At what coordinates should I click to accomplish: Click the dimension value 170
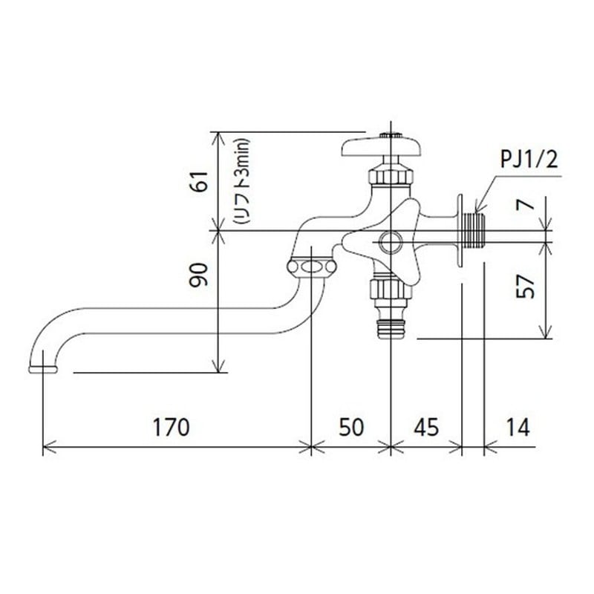point(171,428)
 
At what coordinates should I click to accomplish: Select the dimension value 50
point(351,428)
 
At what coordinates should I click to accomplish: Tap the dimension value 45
point(426,428)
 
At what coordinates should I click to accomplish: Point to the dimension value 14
point(518,428)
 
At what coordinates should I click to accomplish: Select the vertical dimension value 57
point(526,286)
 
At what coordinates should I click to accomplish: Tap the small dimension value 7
point(526,205)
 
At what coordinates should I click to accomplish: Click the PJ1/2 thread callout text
point(529,160)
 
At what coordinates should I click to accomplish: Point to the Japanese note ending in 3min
point(242,181)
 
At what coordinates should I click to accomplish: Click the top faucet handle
point(382,146)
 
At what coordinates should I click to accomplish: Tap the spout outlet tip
point(43,369)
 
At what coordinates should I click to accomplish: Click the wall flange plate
point(460,231)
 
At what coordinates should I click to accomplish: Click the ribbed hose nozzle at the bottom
point(391,327)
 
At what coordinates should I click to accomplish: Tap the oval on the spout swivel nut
point(311,267)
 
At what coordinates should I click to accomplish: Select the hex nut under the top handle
point(391,176)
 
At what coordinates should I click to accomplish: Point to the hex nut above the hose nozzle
point(391,288)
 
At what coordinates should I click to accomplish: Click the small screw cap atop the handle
point(391,135)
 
